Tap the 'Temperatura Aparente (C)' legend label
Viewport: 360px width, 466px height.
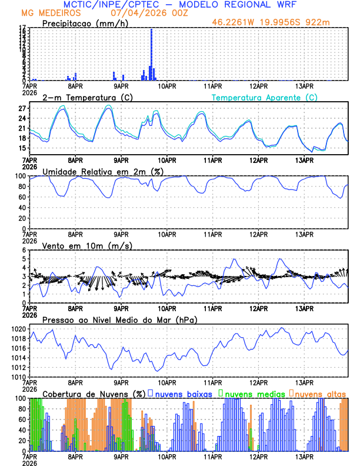[264, 97]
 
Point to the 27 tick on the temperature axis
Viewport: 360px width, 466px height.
[22, 109]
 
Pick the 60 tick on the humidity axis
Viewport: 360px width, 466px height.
[22, 197]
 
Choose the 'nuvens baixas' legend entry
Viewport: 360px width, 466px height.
[183, 394]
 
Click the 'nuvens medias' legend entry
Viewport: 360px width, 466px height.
[254, 394]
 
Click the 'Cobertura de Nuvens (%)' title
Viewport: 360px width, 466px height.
[94, 394]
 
